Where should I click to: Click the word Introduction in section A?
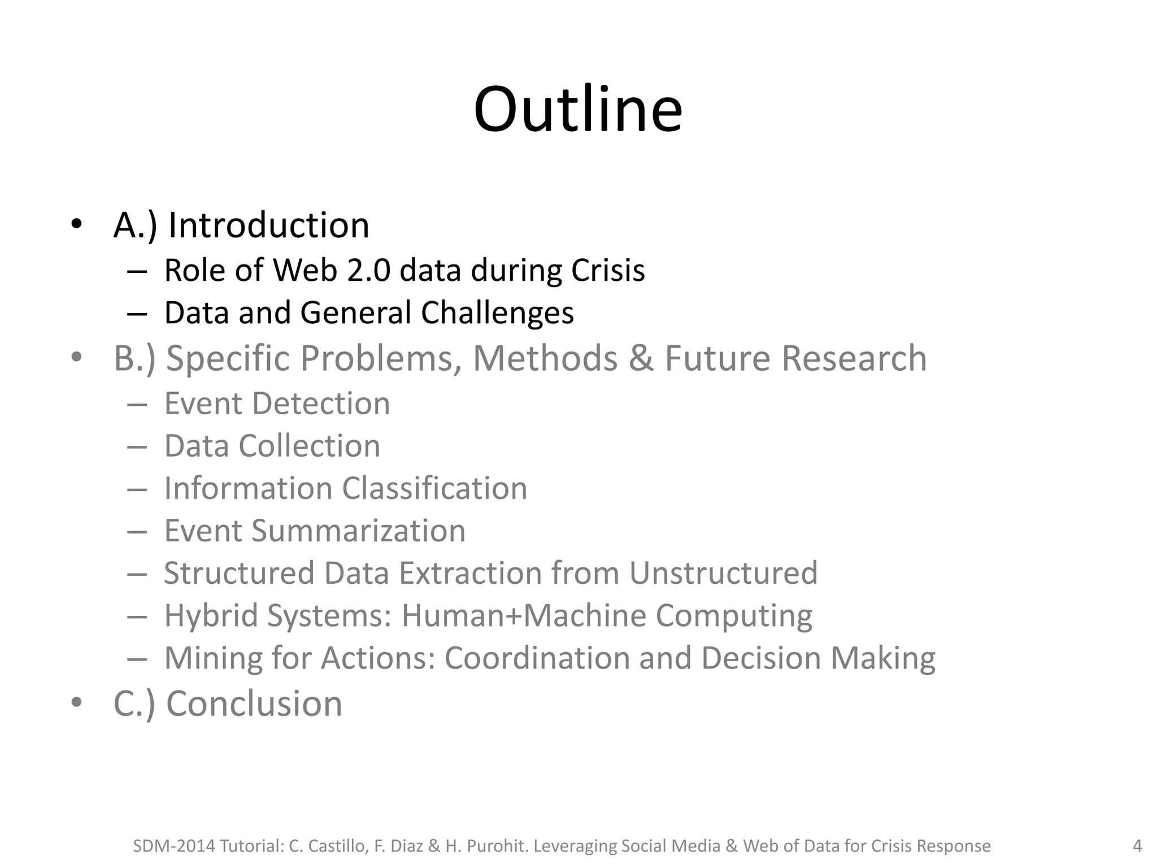point(269,225)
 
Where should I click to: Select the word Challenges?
point(497,313)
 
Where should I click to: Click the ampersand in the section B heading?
point(641,358)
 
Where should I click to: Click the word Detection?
point(321,403)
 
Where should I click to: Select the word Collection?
point(310,446)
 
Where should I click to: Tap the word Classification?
point(434,488)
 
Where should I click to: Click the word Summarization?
point(358,531)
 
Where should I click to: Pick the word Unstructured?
point(723,573)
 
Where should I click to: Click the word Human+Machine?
point(524,615)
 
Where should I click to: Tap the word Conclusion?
point(254,704)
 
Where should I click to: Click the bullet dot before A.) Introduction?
point(77,224)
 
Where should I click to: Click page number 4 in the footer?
point(1137,846)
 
